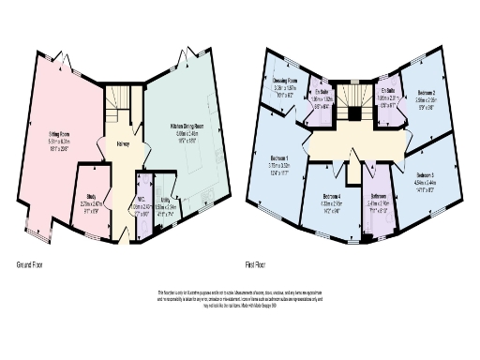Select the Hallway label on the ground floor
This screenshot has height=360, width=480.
[x=123, y=145]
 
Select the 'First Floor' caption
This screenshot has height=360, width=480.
[x=271, y=265]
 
